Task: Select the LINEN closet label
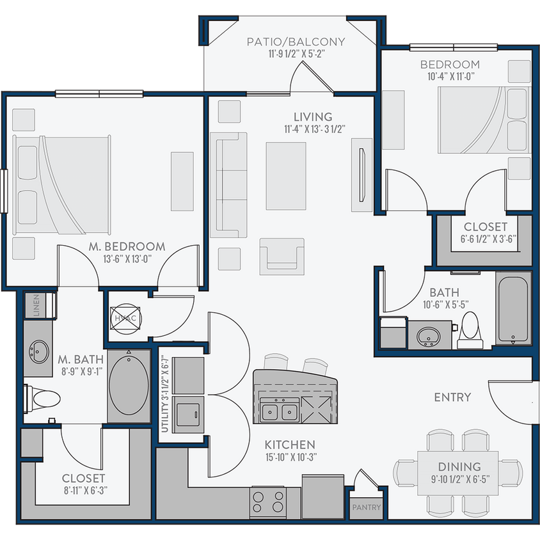coord(36,306)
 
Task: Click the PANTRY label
coord(367,508)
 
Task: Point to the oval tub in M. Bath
coord(129,386)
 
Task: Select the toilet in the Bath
coord(471,328)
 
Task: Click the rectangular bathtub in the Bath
coord(513,309)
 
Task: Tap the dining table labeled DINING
coord(459,472)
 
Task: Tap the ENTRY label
coord(452,397)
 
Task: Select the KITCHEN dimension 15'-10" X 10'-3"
coord(290,457)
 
